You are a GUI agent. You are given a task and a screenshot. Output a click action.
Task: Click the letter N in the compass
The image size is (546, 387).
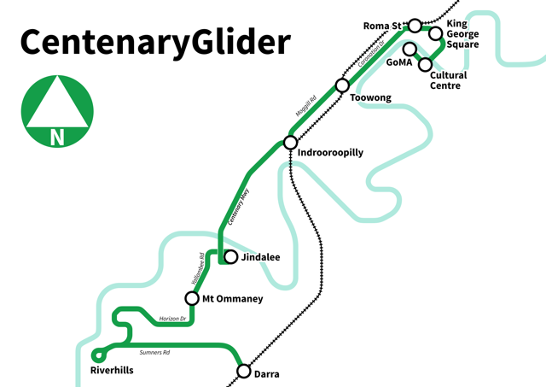(57, 137)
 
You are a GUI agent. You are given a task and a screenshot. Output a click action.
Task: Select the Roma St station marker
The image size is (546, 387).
(415, 26)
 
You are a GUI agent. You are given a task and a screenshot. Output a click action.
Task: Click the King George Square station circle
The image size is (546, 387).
(436, 34)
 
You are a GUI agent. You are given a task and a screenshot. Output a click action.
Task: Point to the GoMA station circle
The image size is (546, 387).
(410, 49)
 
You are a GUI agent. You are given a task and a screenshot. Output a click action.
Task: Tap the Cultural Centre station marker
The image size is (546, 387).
(425, 65)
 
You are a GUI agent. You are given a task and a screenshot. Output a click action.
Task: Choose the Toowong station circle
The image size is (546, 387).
(342, 85)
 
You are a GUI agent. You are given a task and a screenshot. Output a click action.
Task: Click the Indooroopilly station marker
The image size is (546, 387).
(290, 143)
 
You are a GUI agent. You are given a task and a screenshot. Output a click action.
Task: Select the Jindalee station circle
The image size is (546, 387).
(229, 256)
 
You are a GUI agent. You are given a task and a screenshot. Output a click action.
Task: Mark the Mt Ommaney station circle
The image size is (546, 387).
(193, 298)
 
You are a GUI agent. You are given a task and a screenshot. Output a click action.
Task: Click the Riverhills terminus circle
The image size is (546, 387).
(99, 355)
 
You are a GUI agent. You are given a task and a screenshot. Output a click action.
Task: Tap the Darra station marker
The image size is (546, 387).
(244, 371)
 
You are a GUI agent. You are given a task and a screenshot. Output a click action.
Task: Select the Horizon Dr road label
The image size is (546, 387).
(172, 319)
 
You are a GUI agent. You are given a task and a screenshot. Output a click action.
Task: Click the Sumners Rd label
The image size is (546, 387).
(155, 352)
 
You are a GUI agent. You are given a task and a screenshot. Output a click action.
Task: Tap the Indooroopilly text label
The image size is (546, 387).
(330, 152)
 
